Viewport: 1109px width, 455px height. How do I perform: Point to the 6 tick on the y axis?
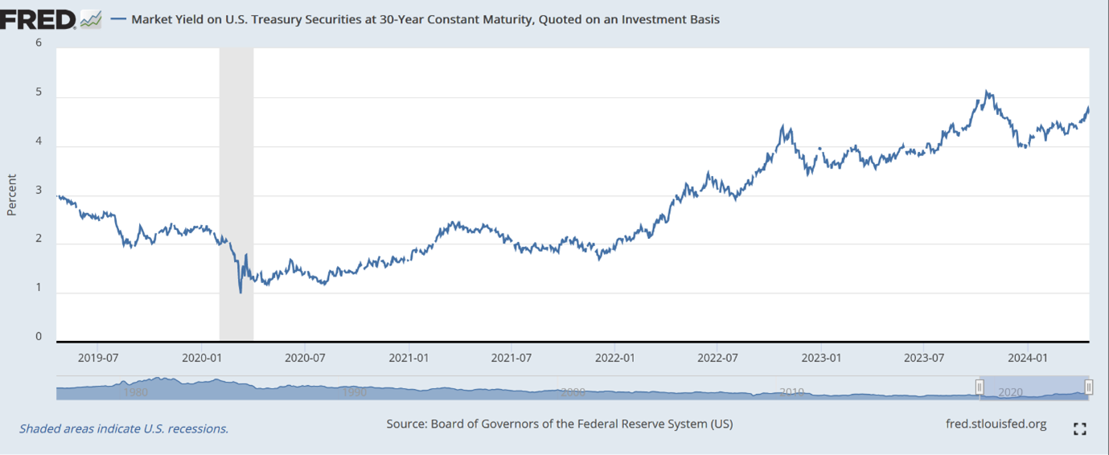click(x=38, y=43)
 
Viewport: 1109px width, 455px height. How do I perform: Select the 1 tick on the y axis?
click(x=38, y=288)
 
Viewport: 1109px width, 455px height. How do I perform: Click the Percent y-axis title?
click(x=12, y=195)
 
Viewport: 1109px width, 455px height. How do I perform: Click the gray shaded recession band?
click(x=236, y=193)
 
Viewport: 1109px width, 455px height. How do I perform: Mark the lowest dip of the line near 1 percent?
click(x=240, y=292)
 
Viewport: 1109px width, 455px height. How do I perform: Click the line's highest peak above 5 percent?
click(x=988, y=92)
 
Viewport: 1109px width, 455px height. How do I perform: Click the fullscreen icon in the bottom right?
click(x=1080, y=429)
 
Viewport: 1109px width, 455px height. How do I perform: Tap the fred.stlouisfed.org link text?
click(x=997, y=424)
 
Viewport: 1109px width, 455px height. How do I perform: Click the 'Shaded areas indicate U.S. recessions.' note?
click(x=124, y=428)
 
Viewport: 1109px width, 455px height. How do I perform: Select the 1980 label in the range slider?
click(x=136, y=393)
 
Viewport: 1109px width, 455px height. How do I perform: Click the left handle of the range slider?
click(x=980, y=387)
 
